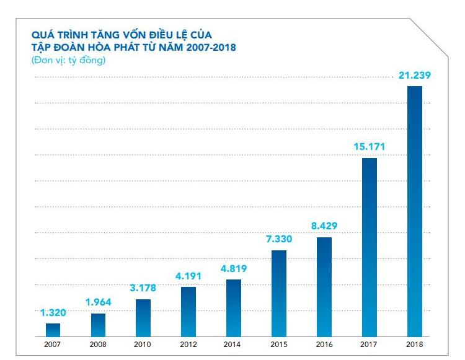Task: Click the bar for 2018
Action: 414,211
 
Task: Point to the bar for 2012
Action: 188,311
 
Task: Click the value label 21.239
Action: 414,76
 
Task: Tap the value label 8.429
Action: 324,226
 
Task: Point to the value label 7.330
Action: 278,239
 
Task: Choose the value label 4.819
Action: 233,269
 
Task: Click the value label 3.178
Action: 143,288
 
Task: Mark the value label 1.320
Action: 53,312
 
